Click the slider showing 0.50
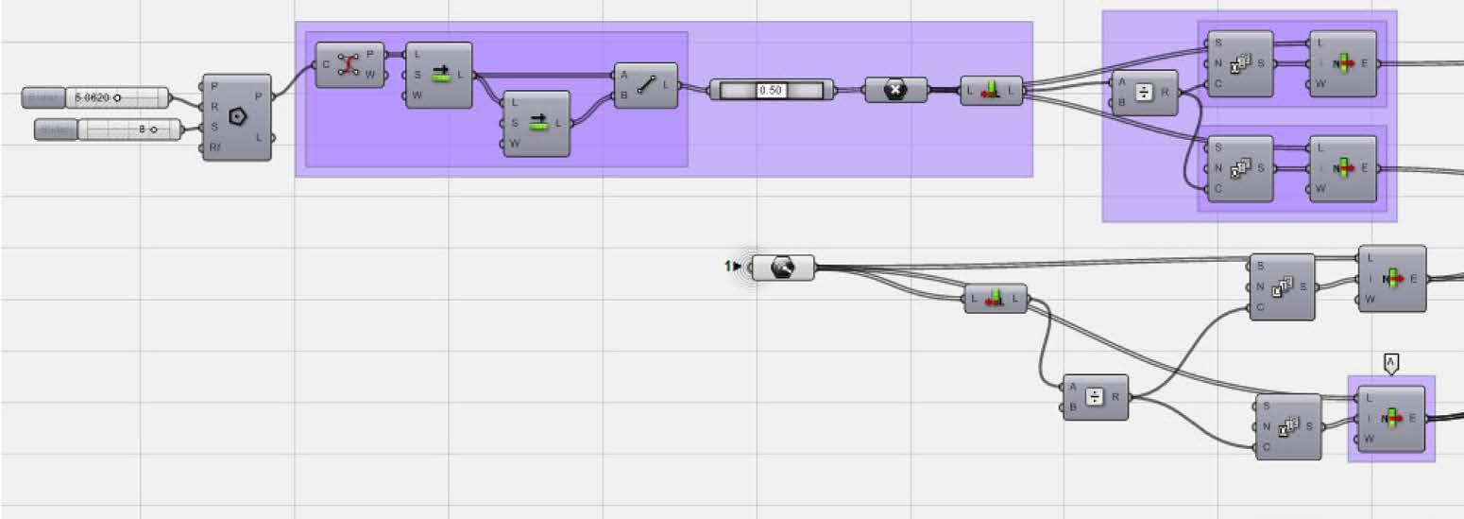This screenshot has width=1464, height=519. [x=771, y=90]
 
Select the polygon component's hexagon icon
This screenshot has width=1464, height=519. [x=237, y=117]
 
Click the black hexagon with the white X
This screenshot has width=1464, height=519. [x=895, y=90]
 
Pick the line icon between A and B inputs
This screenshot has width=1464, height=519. [x=646, y=85]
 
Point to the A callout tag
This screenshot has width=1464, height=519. [x=1390, y=362]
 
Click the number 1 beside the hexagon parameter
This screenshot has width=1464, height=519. [x=728, y=267]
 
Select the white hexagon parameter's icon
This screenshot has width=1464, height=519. [x=782, y=268]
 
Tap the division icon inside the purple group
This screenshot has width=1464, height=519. [x=1144, y=93]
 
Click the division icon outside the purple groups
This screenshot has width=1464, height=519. [x=1095, y=397]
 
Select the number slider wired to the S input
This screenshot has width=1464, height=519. [x=129, y=130]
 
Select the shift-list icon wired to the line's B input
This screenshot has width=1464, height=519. [x=538, y=123]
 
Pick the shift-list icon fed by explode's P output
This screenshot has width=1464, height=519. [x=439, y=76]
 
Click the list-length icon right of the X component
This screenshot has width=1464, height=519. [x=991, y=91]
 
